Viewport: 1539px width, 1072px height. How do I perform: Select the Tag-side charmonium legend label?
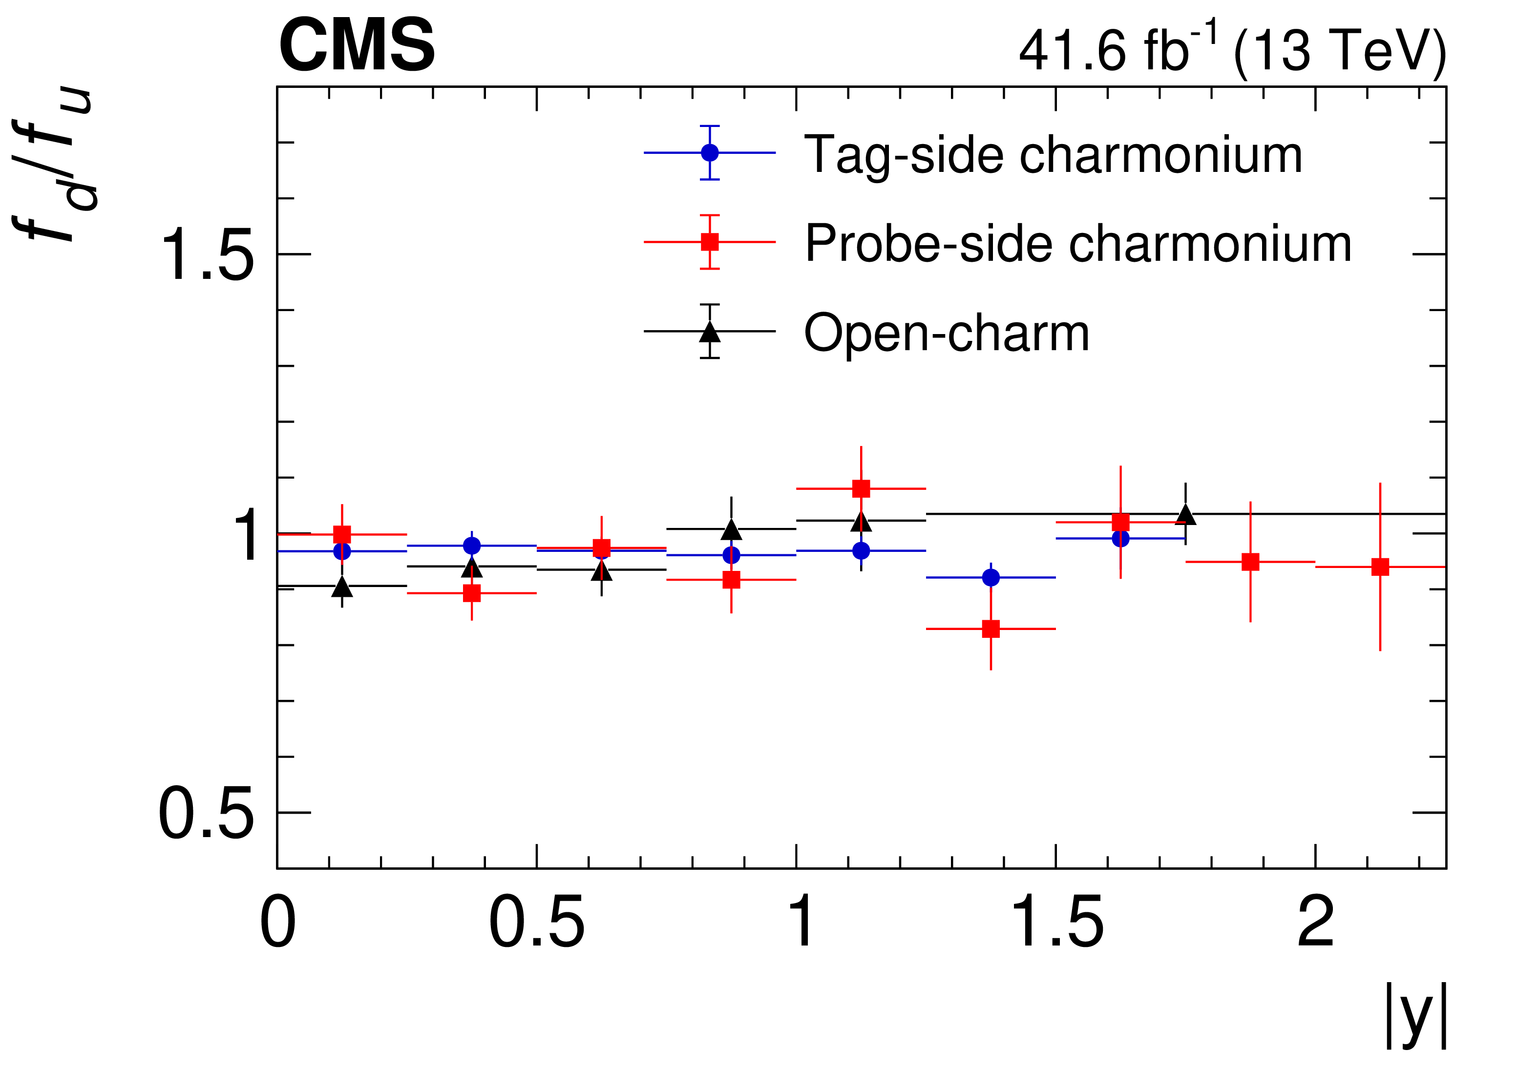(x=1053, y=155)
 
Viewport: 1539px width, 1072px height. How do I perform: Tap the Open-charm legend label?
(x=947, y=333)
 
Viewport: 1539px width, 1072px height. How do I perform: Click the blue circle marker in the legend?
(x=710, y=153)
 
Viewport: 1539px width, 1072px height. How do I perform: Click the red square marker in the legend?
(x=710, y=242)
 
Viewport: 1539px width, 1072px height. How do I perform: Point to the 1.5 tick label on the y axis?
(x=207, y=255)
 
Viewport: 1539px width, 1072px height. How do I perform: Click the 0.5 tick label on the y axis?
(x=207, y=813)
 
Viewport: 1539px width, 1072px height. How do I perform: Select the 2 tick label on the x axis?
(x=1315, y=923)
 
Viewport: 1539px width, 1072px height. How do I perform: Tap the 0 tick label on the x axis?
(x=277, y=923)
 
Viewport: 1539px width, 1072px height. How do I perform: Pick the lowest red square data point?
(x=991, y=629)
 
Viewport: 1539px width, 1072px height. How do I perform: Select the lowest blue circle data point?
(x=991, y=577)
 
